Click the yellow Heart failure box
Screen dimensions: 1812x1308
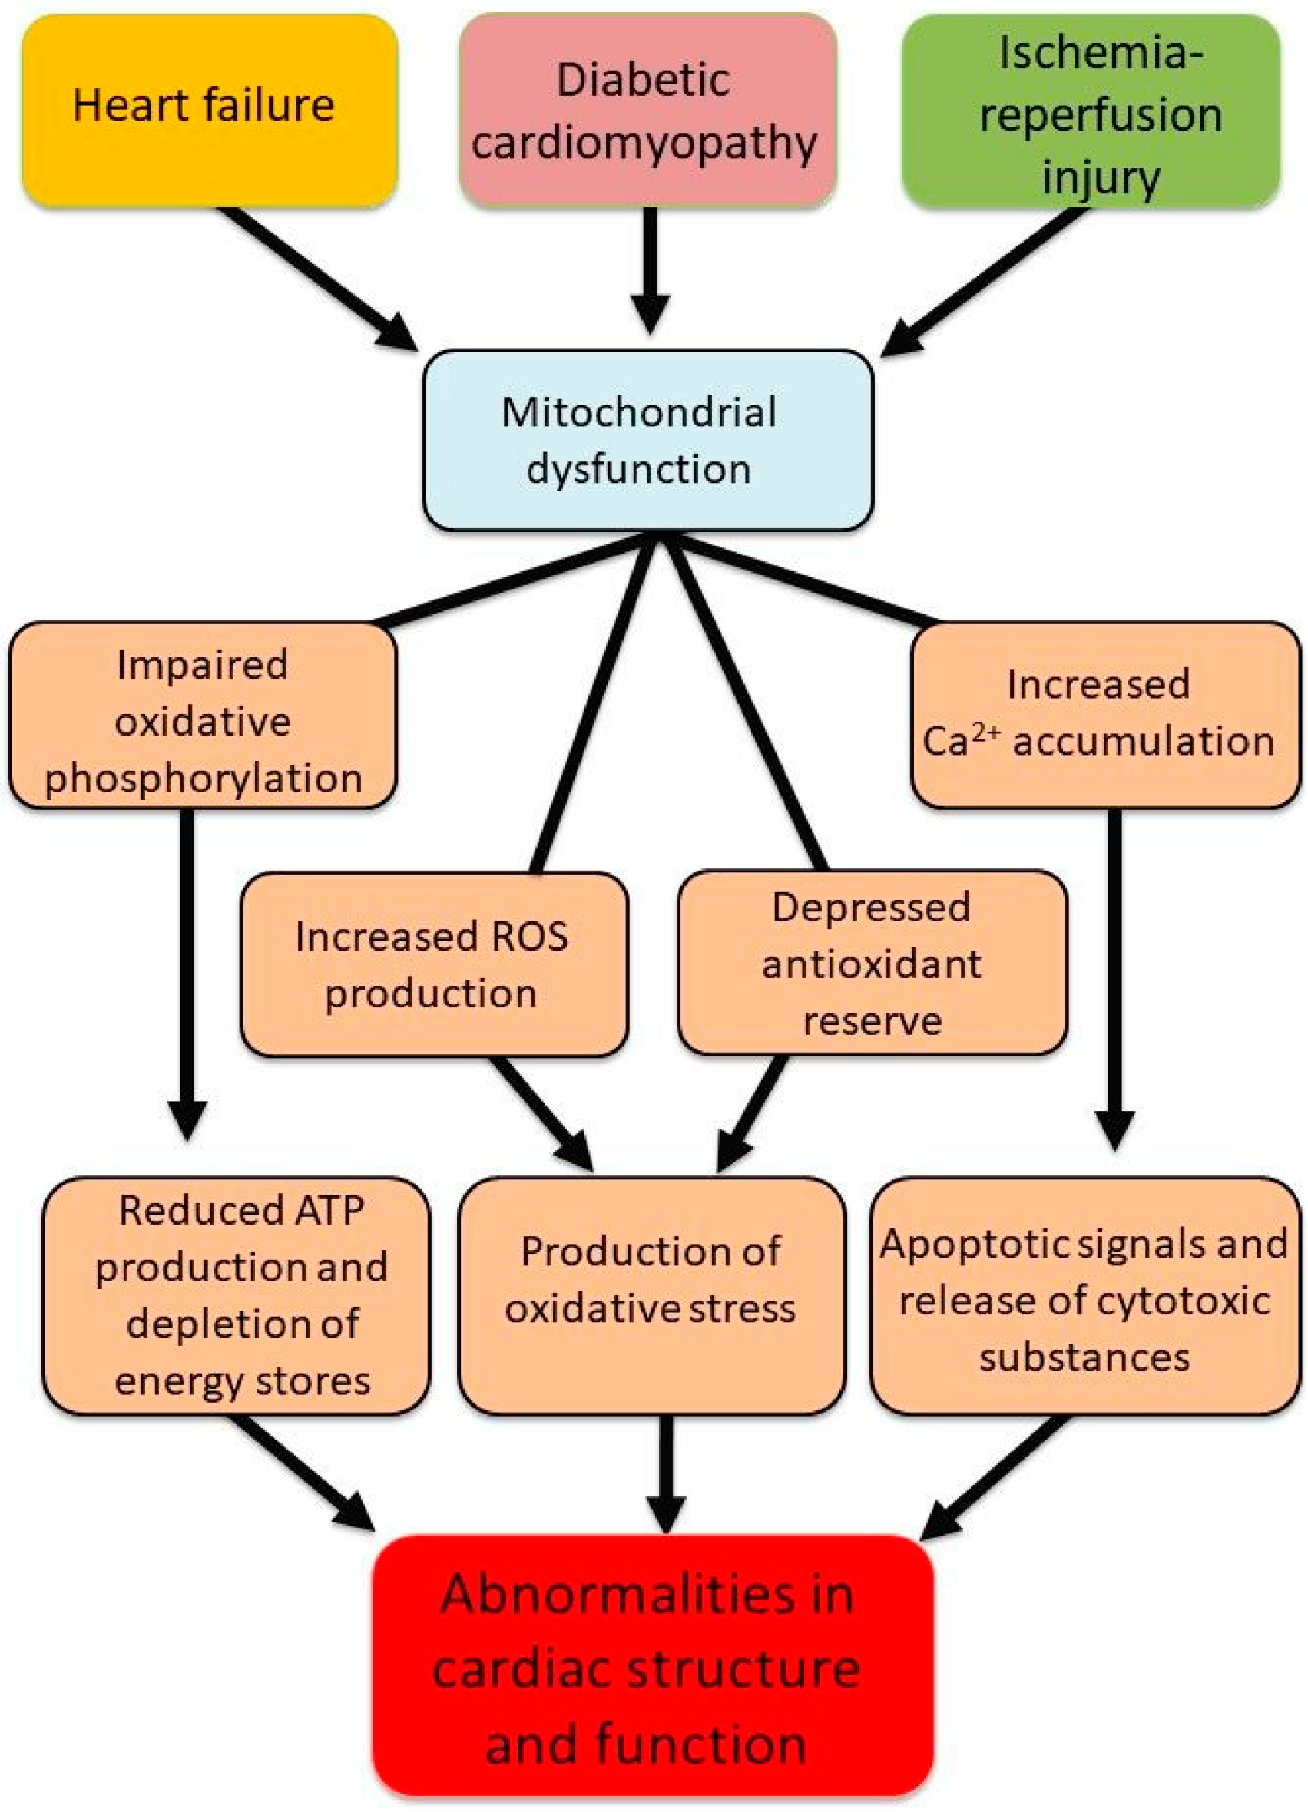[x=210, y=111]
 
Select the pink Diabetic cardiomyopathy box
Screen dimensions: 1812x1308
[x=647, y=111]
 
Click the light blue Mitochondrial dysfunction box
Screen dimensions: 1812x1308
[x=647, y=439]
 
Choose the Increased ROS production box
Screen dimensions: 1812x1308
[x=434, y=964]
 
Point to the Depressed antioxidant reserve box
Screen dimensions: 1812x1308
[x=872, y=963]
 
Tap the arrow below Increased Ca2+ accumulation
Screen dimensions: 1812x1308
[x=1114, y=974]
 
